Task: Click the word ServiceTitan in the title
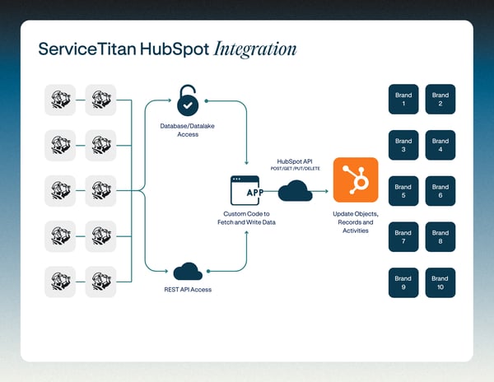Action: click(x=86, y=49)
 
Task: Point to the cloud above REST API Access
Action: click(x=188, y=272)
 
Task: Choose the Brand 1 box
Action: click(x=403, y=100)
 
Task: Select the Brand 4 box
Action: click(x=440, y=146)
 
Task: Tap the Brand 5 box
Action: click(x=403, y=190)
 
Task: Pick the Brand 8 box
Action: click(x=440, y=236)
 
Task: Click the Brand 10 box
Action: click(x=440, y=282)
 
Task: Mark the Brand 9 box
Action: click(x=403, y=282)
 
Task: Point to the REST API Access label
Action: click(x=188, y=291)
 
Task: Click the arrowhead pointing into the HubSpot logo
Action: click(x=328, y=192)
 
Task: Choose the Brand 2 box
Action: click(x=440, y=100)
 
